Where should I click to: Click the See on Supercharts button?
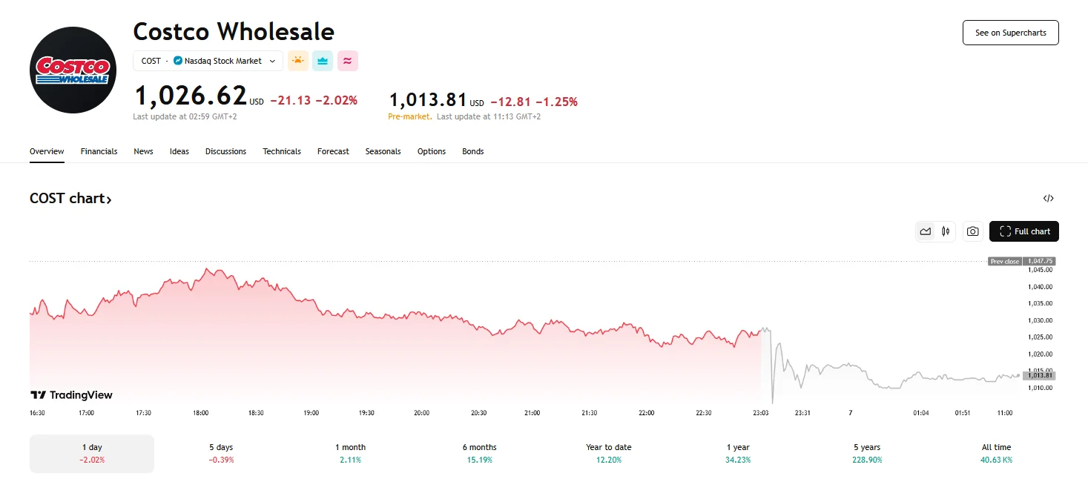point(1010,33)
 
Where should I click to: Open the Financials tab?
point(99,151)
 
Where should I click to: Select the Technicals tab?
point(282,151)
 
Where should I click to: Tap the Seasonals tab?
point(383,151)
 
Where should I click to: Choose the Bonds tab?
point(472,151)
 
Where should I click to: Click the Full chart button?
point(1024,231)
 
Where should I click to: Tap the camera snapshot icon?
point(973,231)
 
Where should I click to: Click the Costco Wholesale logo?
point(73,70)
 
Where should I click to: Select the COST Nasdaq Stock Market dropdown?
point(208,61)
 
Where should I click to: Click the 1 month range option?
point(350,453)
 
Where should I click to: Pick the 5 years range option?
point(867,453)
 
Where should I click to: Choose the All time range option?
point(996,453)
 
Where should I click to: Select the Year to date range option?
point(608,453)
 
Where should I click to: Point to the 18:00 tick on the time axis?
point(200,412)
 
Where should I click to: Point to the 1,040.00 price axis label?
point(1040,286)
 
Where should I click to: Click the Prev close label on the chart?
point(1005,261)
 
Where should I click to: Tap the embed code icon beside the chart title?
point(1048,198)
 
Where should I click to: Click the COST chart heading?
point(70,198)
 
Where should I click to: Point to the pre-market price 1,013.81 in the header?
point(428,100)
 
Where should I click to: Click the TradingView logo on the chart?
point(71,395)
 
